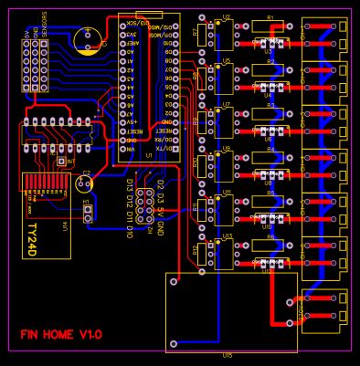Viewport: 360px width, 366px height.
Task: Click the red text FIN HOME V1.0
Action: (x=61, y=335)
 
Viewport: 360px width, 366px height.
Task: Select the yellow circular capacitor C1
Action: (x=88, y=39)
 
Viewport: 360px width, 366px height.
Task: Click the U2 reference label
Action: (x=227, y=17)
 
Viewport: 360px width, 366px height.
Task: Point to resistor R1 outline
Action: (x=270, y=26)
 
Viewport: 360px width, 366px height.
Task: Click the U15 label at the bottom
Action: (x=228, y=355)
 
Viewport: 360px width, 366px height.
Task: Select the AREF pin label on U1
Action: (x=132, y=43)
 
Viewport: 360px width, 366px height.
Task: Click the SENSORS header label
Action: (x=44, y=20)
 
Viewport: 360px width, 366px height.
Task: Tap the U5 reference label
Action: (x=227, y=61)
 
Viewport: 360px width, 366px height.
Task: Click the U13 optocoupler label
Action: (x=227, y=236)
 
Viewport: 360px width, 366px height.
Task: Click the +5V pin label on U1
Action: (x=132, y=122)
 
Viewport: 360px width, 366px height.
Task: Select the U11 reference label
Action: (x=227, y=193)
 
